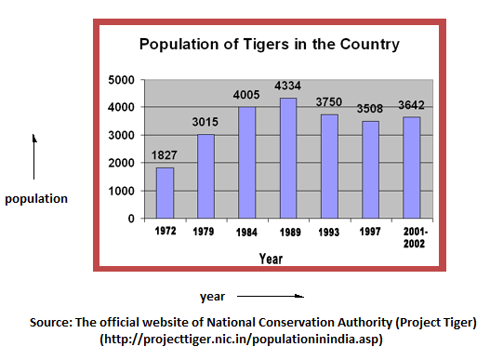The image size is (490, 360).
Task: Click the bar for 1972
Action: point(165,193)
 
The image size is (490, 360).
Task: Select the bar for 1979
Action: point(205,176)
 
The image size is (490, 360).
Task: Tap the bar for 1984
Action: point(247,162)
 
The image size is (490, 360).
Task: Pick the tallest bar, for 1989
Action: point(288,157)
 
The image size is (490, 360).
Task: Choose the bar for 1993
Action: point(329,166)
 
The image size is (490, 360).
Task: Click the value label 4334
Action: point(288,87)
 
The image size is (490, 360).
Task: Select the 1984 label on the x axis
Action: point(247,230)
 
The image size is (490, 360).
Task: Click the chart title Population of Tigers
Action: point(269,44)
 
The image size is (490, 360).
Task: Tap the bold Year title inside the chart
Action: point(271,259)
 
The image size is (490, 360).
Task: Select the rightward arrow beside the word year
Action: point(270,297)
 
